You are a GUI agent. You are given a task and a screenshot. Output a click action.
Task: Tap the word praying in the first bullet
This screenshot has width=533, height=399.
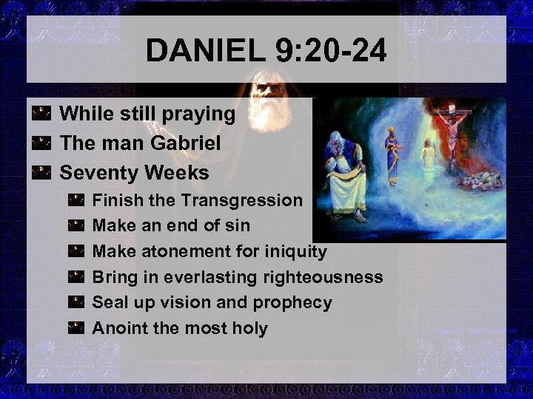198,115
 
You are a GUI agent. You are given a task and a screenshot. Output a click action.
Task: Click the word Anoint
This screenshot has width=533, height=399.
118,327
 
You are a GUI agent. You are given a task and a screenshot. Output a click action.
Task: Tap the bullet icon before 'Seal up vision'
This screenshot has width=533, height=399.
76,302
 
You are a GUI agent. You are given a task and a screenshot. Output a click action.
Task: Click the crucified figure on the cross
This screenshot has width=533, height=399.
448,130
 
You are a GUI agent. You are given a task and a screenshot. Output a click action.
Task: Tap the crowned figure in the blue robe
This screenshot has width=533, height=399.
392,154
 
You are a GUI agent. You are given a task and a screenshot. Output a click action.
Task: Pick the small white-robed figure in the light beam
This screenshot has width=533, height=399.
426,157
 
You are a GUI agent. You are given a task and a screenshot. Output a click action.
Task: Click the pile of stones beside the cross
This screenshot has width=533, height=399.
480,177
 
